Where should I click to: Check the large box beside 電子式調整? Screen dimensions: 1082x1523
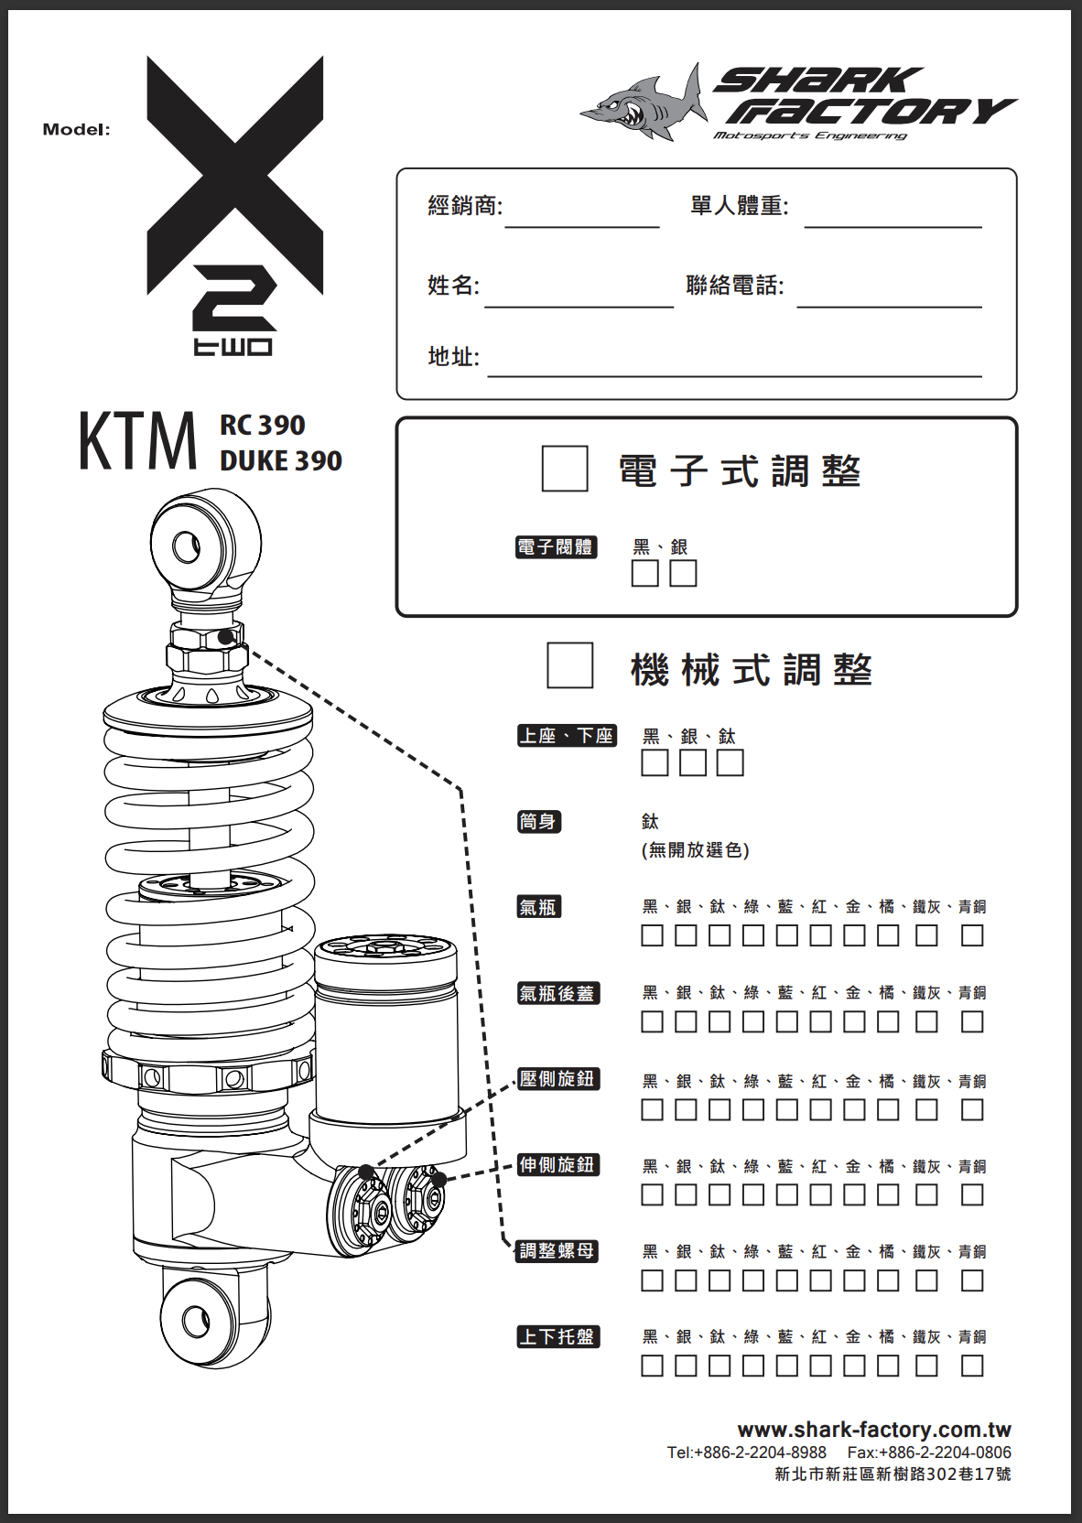click(565, 469)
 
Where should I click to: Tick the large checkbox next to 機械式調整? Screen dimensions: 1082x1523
click(570, 665)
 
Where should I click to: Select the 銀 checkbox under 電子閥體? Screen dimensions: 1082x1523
click(683, 573)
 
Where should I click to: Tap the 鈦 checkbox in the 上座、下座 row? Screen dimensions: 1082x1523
click(730, 762)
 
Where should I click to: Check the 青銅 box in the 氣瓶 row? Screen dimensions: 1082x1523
click(972, 935)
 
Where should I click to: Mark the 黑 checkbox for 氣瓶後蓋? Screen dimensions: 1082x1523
click(652, 1022)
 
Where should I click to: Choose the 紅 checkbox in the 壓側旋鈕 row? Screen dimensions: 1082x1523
click(820, 1109)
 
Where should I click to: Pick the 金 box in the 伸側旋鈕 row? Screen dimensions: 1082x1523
click(854, 1194)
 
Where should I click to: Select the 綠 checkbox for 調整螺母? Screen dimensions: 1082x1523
click(752, 1281)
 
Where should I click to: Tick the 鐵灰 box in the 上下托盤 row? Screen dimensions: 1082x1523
click(926, 1366)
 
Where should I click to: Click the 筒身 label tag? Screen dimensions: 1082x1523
click(539, 821)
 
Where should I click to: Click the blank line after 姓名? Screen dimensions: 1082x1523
click(579, 307)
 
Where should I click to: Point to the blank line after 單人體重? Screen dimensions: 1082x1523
click(893, 226)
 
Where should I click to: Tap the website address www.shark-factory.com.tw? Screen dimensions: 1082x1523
click(874, 1430)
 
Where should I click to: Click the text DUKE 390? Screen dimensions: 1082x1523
click(281, 461)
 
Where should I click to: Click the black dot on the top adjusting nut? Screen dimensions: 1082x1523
click(227, 637)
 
